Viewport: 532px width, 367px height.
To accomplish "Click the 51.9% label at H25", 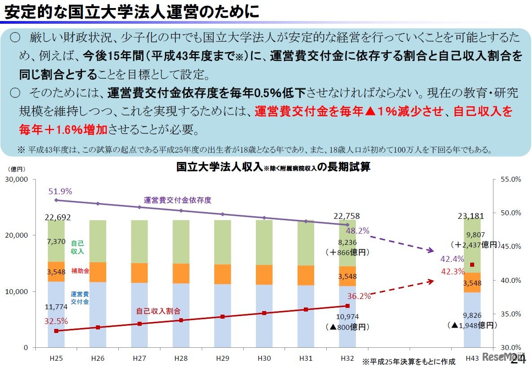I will [60, 191].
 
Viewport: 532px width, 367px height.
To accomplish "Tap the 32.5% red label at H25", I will [56, 321].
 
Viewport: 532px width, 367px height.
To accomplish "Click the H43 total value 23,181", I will [471, 216].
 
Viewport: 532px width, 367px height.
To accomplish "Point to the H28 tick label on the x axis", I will [181, 358].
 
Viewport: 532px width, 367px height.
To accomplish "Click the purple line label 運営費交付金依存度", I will [177, 200].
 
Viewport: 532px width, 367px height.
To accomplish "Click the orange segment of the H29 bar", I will [222, 274].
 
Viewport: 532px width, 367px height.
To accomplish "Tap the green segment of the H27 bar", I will [139, 241].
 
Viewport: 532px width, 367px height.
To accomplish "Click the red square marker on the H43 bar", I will [471, 265].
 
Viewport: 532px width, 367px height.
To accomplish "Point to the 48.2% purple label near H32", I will [358, 231].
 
